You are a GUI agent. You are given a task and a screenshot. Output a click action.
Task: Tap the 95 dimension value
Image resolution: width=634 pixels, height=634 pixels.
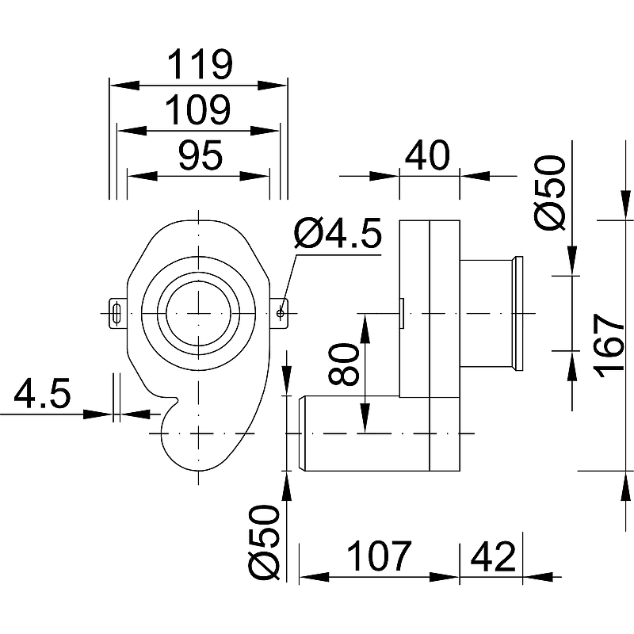coord(199,156)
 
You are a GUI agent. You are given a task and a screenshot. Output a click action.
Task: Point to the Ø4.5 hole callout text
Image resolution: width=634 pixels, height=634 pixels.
coord(338,235)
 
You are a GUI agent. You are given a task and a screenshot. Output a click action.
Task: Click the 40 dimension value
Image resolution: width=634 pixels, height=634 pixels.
coord(428,155)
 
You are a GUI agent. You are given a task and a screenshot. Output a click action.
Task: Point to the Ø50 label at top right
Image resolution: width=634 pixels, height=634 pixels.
coord(552,193)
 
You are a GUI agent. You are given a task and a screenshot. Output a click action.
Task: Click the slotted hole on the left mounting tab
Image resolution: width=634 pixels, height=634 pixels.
coord(116,313)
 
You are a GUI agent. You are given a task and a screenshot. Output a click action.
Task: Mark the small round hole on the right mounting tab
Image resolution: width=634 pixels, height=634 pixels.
coord(281,313)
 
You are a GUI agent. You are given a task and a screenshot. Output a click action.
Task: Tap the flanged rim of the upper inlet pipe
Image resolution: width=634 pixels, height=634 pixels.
coord(520,313)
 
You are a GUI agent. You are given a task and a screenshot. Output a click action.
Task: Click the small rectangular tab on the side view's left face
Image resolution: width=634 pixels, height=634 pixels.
coord(403,313)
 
